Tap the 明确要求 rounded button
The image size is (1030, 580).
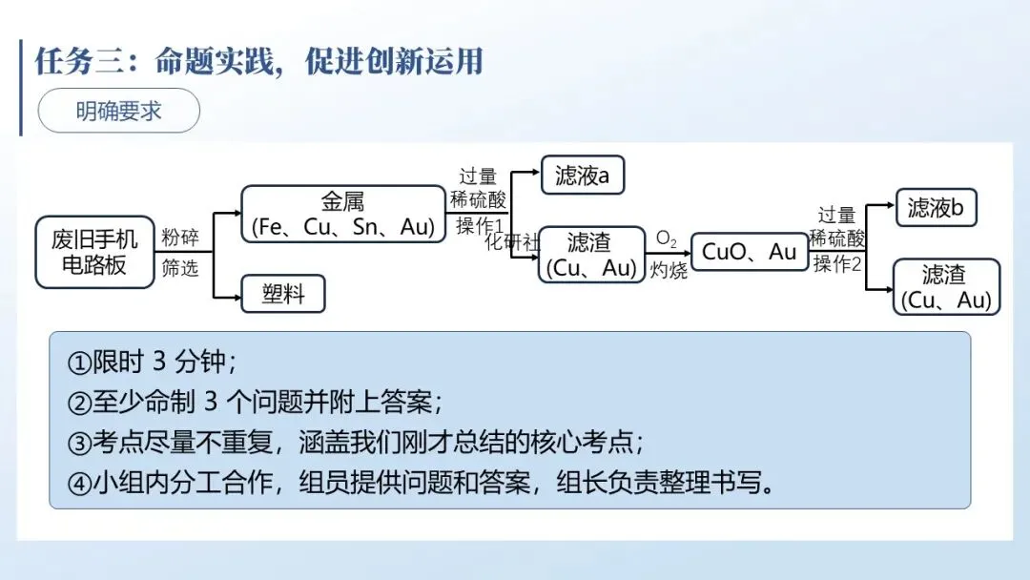pos(118,111)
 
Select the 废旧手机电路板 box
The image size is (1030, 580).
pos(94,252)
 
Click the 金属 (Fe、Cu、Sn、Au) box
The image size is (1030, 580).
pos(342,214)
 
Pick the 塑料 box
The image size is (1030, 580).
pos(283,294)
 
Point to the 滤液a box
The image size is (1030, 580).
pos(582,176)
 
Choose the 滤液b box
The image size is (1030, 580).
pos(936,207)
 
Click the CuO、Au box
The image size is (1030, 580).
pos(749,252)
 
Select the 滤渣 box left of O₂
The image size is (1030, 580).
pos(590,255)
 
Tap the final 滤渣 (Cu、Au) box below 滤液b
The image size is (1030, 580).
pos(946,287)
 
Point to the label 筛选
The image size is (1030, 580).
pos(179,268)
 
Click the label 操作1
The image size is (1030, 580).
pos(479,225)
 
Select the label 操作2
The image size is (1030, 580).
pos(836,264)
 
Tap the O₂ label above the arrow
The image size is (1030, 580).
pos(666,239)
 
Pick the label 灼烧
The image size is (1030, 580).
pos(669,271)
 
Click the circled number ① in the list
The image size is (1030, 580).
pos(78,363)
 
